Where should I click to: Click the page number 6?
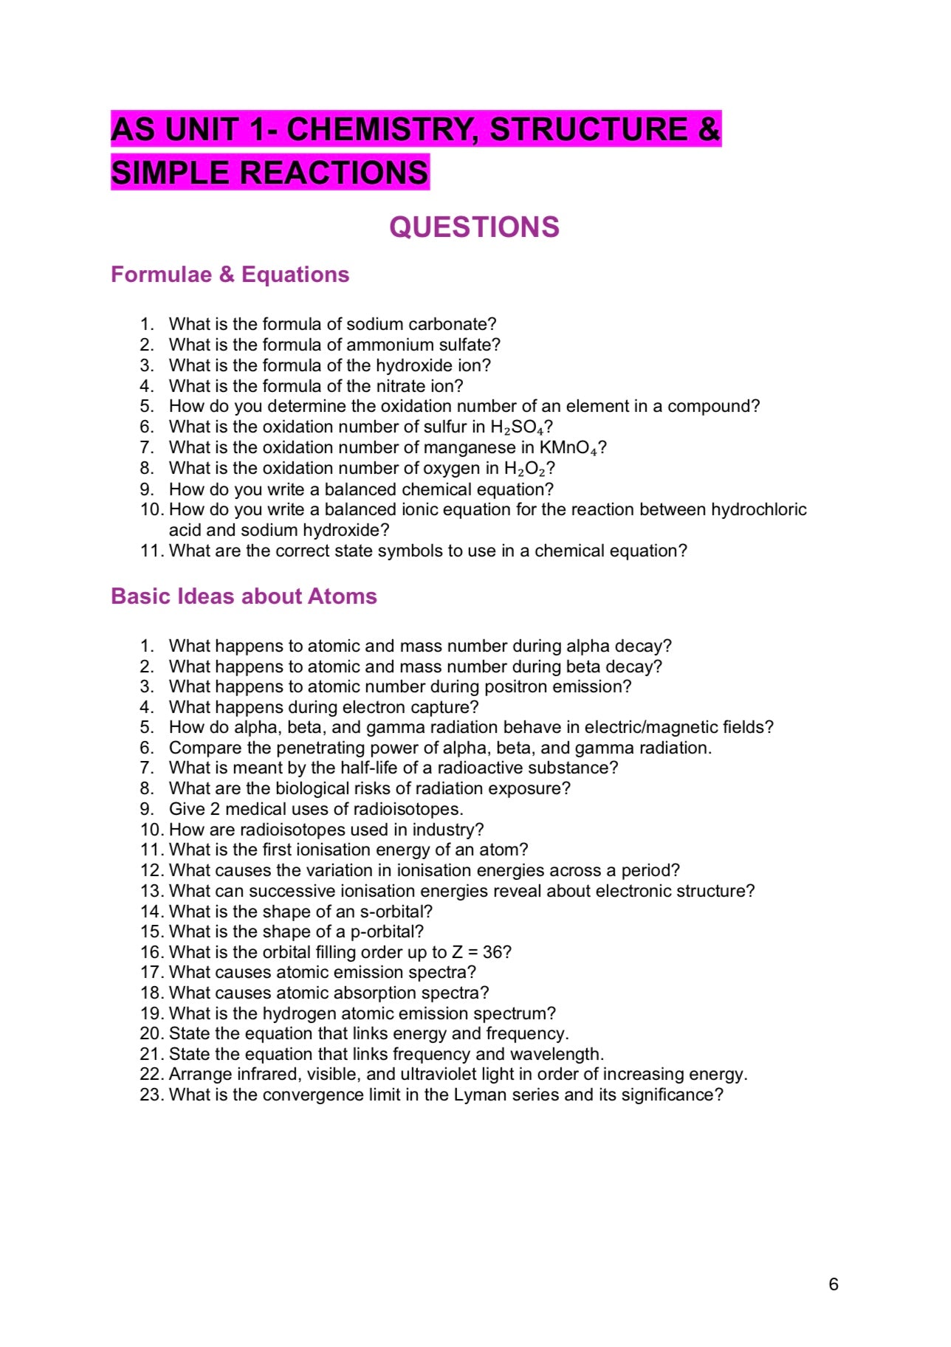pyautogui.click(x=833, y=1284)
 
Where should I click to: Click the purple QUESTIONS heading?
pyautogui.click(x=474, y=227)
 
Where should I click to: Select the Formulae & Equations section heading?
pyautogui.click(x=230, y=275)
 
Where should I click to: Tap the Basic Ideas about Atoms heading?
pyautogui.click(x=244, y=596)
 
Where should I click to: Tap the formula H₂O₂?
pyautogui.click(x=525, y=469)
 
